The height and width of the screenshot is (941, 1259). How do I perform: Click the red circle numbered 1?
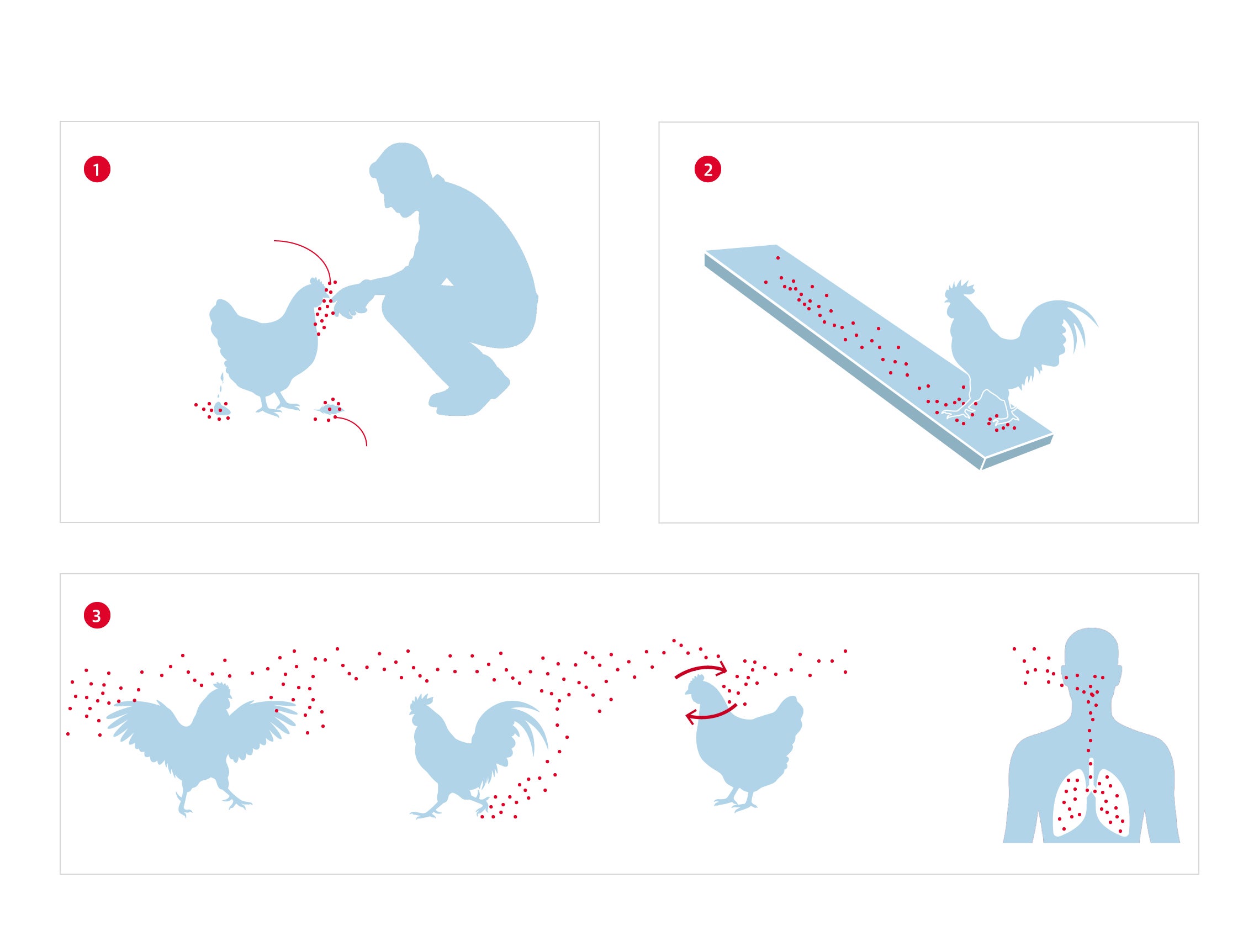[97, 169]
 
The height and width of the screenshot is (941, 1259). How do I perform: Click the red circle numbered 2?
[707, 169]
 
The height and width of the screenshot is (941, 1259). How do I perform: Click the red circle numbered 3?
[97, 615]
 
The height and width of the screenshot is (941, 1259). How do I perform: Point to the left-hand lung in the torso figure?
[1070, 803]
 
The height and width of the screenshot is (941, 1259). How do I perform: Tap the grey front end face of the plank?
[1017, 454]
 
